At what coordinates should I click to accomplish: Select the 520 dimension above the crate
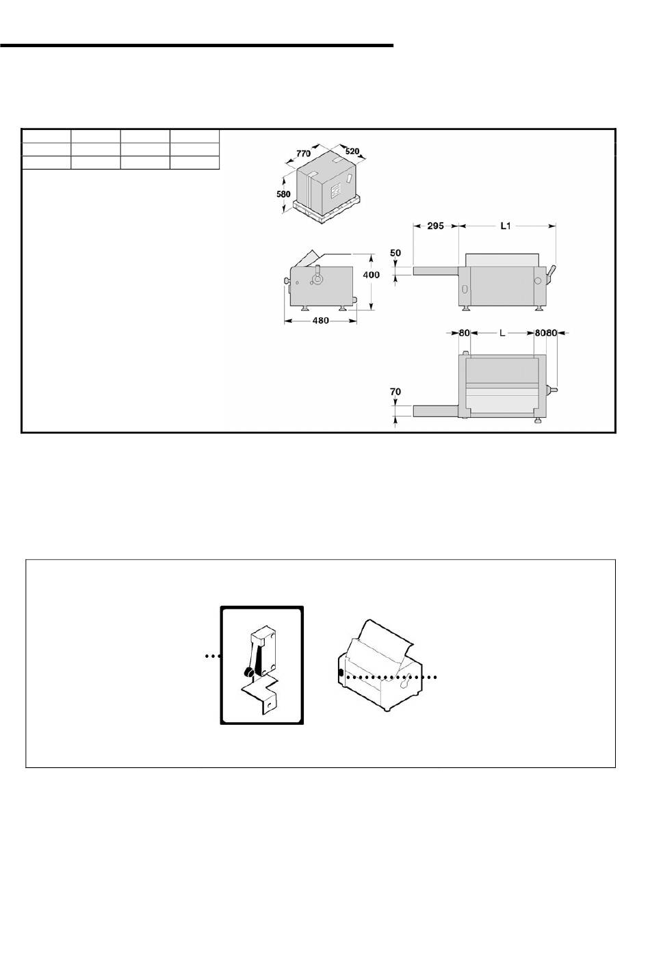pyautogui.click(x=352, y=151)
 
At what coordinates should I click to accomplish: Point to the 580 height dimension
pyautogui.click(x=283, y=194)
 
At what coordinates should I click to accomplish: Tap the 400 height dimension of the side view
pyautogui.click(x=371, y=275)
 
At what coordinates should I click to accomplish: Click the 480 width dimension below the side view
pyautogui.click(x=321, y=321)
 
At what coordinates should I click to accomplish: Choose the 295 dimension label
pyautogui.click(x=436, y=226)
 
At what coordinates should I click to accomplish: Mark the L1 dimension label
pyautogui.click(x=506, y=226)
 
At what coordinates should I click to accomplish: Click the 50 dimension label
pyautogui.click(x=395, y=252)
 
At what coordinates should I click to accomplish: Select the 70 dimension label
pyautogui.click(x=395, y=391)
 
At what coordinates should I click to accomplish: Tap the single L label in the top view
pyautogui.click(x=502, y=333)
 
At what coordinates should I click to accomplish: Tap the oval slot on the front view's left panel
pyautogui.click(x=464, y=289)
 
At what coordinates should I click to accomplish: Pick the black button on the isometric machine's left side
pyautogui.click(x=341, y=673)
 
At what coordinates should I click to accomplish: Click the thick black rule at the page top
pyautogui.click(x=196, y=45)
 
